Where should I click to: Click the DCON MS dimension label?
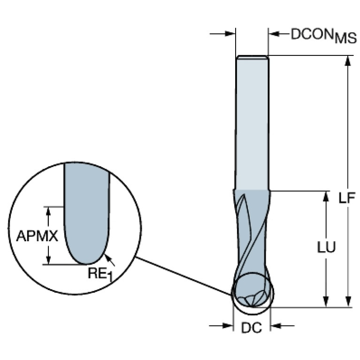[324, 36]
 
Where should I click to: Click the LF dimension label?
[347, 197]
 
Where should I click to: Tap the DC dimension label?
[252, 329]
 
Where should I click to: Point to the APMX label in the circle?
[37, 236]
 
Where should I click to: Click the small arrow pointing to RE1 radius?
[108, 257]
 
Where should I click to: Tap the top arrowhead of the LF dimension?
[347, 61]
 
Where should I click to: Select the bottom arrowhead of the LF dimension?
[347, 303]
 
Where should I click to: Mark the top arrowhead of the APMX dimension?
[48, 210]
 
